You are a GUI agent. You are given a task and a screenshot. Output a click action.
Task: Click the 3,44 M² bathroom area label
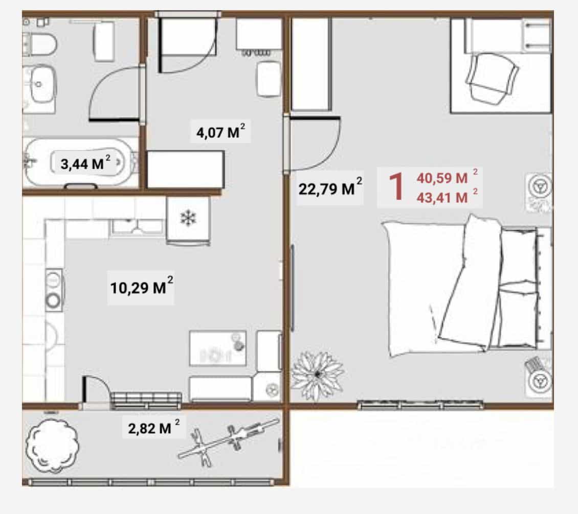(x=85, y=163)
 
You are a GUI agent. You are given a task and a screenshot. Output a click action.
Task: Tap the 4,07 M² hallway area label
(x=220, y=131)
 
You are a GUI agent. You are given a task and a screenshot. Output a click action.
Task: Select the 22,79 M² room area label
(x=330, y=188)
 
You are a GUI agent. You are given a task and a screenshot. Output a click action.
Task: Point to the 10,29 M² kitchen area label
(x=142, y=287)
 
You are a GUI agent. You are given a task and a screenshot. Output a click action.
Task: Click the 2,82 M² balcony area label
(x=154, y=428)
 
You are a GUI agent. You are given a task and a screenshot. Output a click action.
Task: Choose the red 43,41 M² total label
(x=447, y=197)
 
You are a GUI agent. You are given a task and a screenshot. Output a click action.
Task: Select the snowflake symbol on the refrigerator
(x=188, y=218)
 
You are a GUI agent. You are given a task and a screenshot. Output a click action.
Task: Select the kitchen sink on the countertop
(x=138, y=226)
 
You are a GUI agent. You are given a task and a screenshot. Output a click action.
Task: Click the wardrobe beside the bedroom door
(x=311, y=64)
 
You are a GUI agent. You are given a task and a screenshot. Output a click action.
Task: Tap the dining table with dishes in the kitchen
(x=217, y=348)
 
